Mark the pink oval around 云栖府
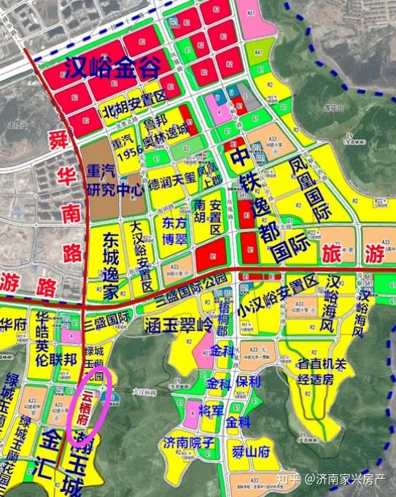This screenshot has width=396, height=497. click(89, 406)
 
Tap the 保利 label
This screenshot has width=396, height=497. click(248, 382)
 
